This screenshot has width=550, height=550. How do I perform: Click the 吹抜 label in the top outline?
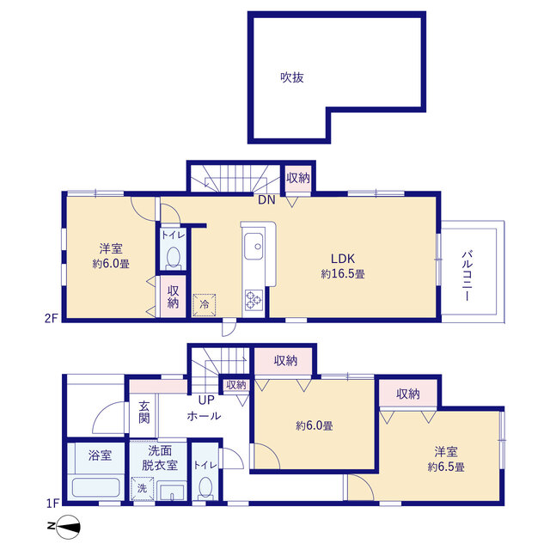(292, 77)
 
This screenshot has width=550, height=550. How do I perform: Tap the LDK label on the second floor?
(343, 259)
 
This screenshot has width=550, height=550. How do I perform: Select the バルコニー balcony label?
(467, 275)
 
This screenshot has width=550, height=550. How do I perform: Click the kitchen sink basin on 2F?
(254, 247)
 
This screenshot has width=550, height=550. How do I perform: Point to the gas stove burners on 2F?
(254, 300)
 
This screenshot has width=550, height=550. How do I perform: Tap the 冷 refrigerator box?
(205, 304)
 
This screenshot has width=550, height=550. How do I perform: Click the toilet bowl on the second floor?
(173, 259)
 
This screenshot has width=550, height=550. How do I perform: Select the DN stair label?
(266, 200)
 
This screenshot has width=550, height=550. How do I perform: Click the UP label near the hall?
(206, 400)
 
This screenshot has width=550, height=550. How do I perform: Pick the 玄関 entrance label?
(144, 412)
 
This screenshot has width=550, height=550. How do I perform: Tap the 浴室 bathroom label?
(100, 455)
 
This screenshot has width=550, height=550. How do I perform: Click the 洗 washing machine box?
(142, 488)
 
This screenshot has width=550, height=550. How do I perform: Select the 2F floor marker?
(51, 318)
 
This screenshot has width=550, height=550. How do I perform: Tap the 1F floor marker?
(52, 504)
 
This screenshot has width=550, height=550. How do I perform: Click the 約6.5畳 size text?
(446, 467)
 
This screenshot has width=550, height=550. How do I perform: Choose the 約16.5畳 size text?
(343, 274)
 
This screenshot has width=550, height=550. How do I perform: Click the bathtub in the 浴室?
(95, 487)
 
